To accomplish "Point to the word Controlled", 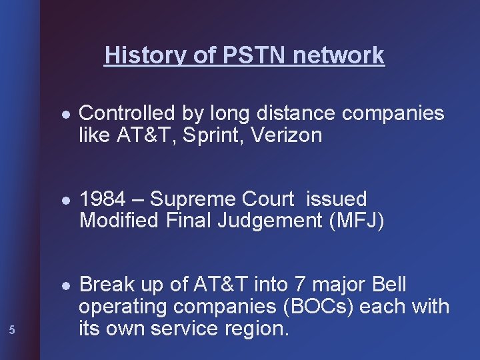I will (x=128, y=114).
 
